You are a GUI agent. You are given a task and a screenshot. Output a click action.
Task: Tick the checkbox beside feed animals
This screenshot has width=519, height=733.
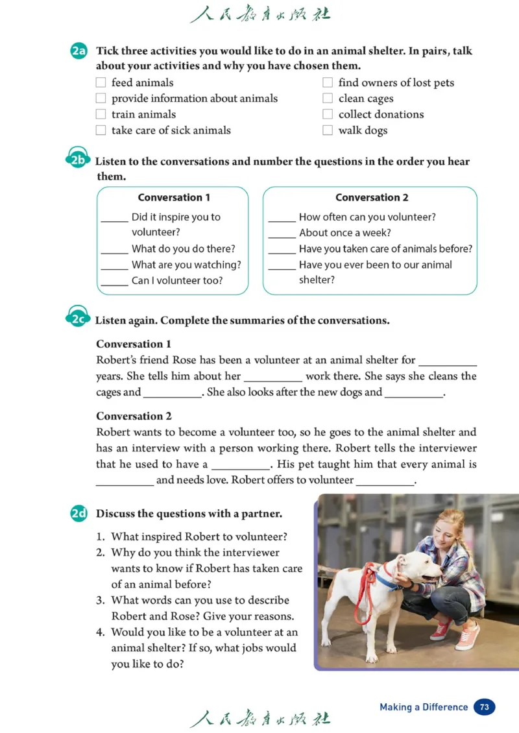101,83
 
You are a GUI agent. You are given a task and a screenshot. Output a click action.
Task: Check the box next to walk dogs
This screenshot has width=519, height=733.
328,130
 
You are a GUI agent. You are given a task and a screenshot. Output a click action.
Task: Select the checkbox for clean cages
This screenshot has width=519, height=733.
328,99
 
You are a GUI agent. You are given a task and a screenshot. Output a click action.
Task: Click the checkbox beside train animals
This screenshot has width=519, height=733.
101,114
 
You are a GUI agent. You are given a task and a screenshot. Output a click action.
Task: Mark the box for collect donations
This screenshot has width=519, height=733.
328,115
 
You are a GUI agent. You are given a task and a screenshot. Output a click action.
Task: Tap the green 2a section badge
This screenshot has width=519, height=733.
79,51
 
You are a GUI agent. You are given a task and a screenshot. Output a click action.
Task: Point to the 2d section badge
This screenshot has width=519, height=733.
79,514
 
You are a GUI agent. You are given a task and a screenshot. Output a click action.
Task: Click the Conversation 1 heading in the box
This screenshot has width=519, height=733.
174,198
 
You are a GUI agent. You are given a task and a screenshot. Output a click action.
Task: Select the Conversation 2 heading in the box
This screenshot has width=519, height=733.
372,198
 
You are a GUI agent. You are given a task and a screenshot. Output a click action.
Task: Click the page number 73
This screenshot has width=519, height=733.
485,707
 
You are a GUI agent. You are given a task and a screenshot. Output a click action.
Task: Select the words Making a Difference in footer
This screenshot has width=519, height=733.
424,707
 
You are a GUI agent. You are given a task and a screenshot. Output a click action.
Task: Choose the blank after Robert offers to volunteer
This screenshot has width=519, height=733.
385,481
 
